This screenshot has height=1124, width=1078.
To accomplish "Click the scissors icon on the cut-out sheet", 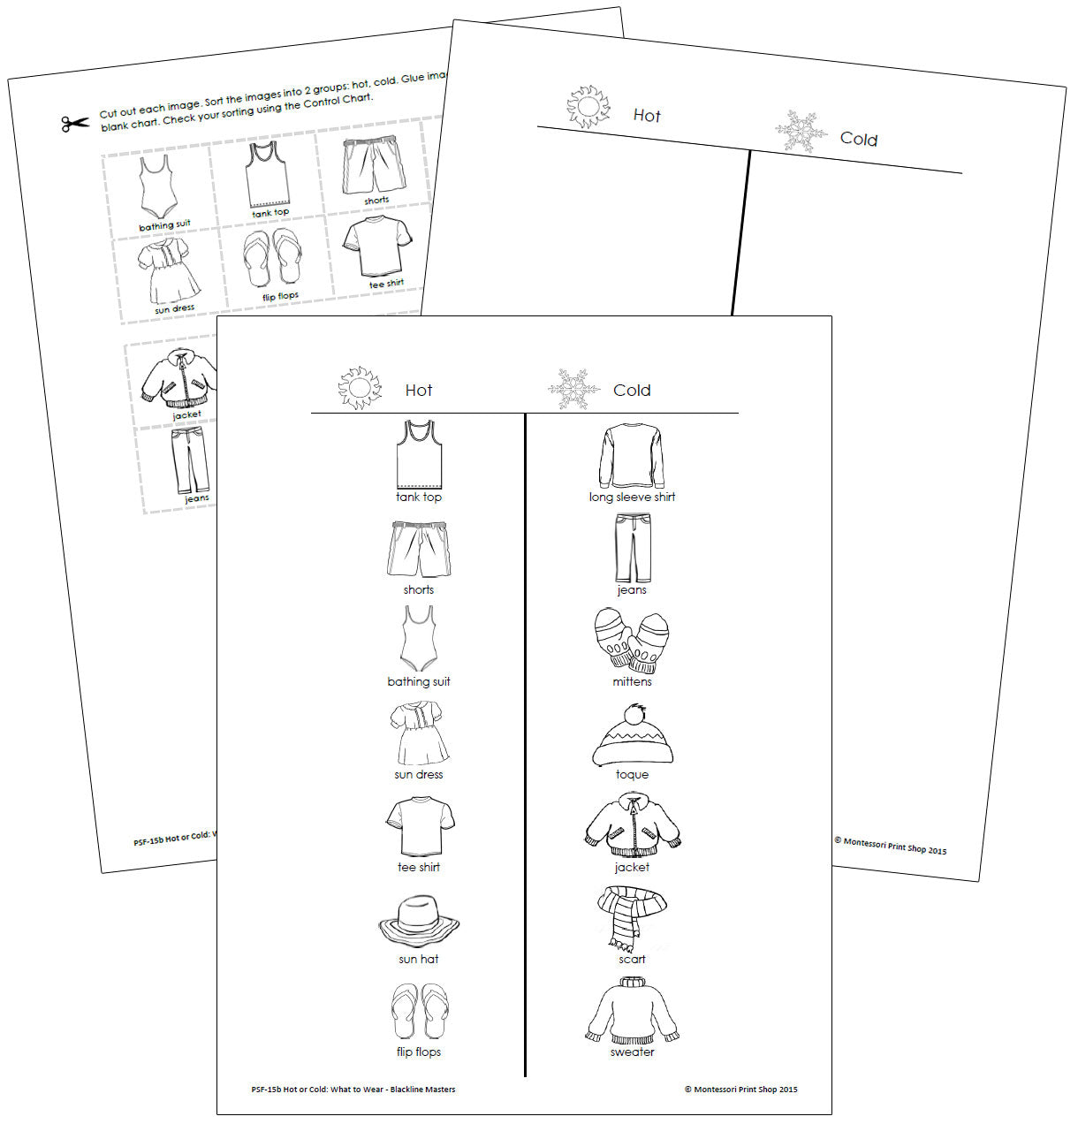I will (x=75, y=124).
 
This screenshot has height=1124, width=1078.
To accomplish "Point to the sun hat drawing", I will (x=419, y=923).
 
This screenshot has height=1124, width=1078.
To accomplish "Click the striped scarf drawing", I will (x=631, y=919).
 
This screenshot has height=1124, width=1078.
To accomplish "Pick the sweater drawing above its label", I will (x=632, y=1011).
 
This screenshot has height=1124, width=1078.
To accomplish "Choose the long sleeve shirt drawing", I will (x=631, y=456).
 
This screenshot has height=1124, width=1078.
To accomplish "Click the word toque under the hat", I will (x=632, y=775).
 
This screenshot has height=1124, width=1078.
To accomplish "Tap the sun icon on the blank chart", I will (x=588, y=107).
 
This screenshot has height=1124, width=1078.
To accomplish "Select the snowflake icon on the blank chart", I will (x=801, y=132).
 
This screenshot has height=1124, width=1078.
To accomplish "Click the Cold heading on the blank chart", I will (x=859, y=139).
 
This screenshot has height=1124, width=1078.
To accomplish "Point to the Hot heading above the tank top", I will (x=419, y=391).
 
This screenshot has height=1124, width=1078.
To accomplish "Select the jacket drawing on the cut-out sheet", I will (x=179, y=377).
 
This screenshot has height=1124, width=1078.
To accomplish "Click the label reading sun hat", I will (x=419, y=960).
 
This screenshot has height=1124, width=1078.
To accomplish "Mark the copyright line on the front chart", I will (x=740, y=1090).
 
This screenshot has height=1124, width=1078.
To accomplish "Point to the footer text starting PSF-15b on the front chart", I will (x=353, y=1090).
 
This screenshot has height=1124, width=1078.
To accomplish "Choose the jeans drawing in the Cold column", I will (x=632, y=547).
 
